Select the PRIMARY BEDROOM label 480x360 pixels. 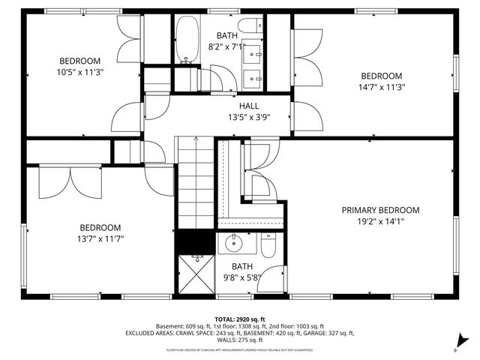(380, 210)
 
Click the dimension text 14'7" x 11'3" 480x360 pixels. (382, 86)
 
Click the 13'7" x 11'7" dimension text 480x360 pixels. (100, 238)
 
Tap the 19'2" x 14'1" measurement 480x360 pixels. (380, 221)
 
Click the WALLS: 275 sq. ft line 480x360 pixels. (239, 340)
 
